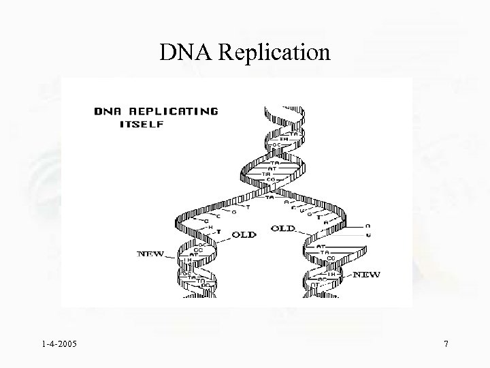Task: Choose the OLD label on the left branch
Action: [244, 234]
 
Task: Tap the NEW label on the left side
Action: [151, 254]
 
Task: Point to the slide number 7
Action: [446, 345]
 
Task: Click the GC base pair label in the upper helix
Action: [277, 145]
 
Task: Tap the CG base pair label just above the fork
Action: [271, 180]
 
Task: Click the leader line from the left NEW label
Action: [171, 256]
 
